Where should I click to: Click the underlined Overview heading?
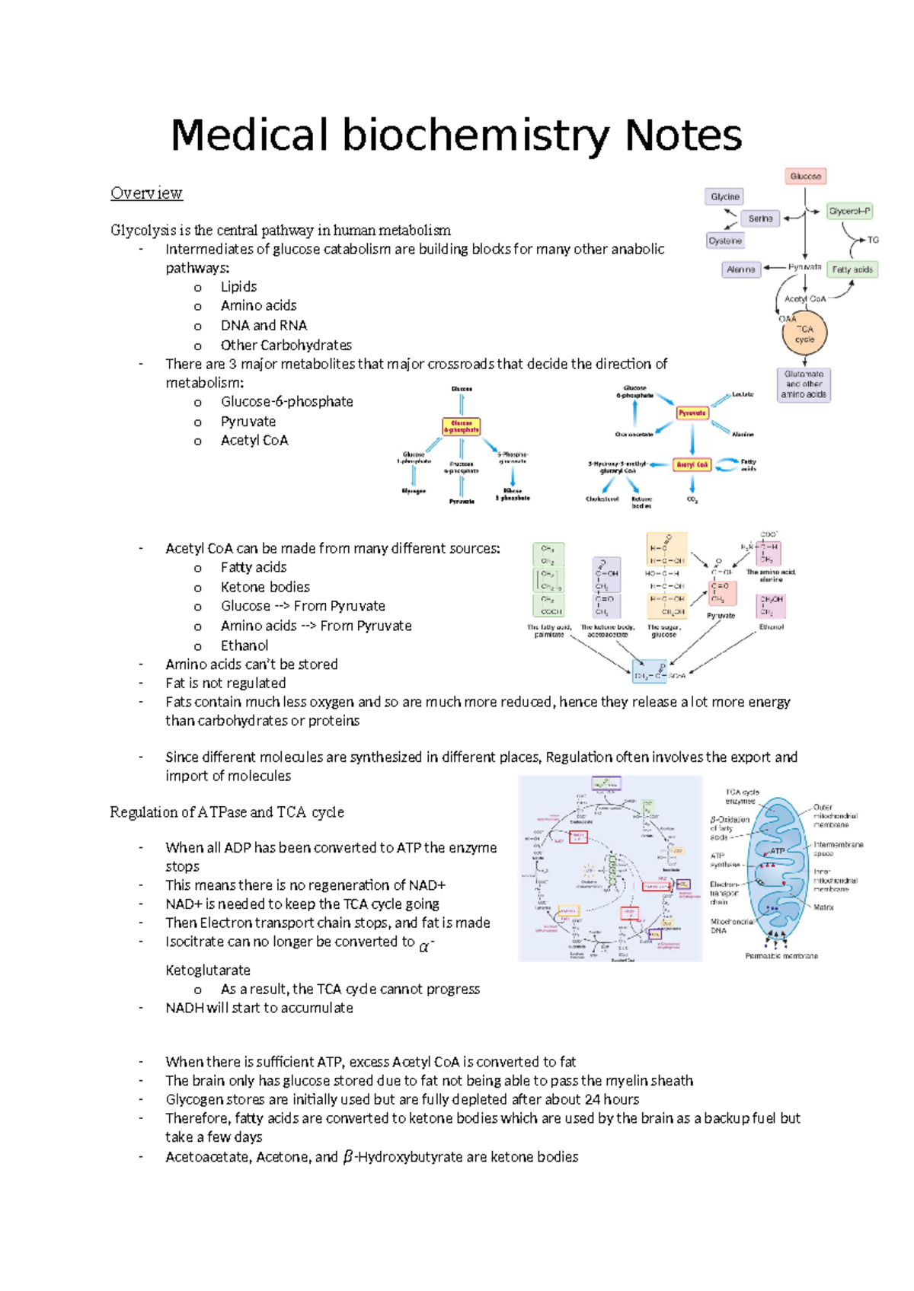(146, 193)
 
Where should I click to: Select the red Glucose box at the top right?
(805, 177)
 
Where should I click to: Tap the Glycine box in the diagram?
(724, 196)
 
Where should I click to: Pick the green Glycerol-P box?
(849, 211)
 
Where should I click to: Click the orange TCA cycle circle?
(804, 334)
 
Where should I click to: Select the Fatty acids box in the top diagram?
(852, 269)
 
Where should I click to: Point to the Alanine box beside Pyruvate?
(740, 269)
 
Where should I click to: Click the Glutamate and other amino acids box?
(804, 384)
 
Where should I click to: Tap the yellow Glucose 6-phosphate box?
(462, 426)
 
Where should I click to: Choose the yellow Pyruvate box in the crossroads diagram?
(692, 413)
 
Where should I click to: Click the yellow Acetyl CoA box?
(692, 464)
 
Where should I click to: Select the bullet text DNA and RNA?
(264, 325)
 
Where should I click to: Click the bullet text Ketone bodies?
(265, 587)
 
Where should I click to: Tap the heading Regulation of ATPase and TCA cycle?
(227, 812)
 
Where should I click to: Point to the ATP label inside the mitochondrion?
(777, 851)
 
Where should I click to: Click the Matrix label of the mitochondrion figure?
(823, 907)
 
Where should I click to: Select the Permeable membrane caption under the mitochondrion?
(781, 956)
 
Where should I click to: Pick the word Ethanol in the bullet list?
(244, 645)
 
